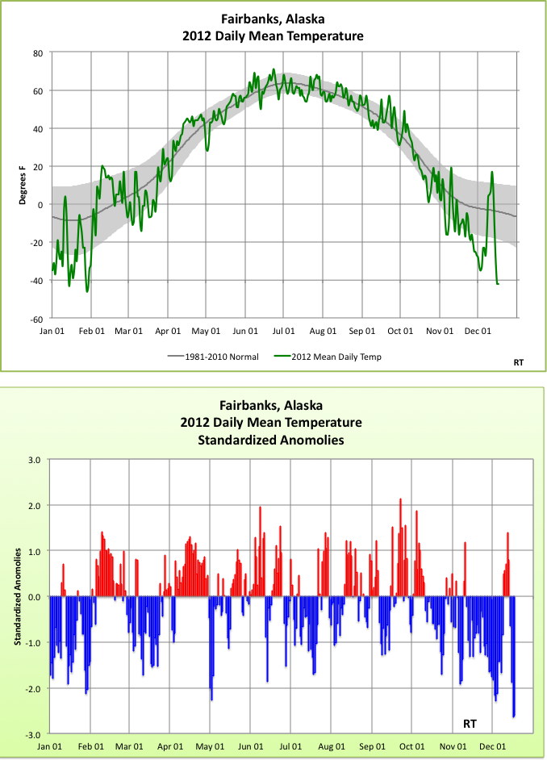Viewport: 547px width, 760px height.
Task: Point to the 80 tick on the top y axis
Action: [37, 53]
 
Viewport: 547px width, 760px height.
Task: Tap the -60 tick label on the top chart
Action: [35, 318]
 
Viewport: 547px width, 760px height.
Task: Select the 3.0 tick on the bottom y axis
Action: [35, 460]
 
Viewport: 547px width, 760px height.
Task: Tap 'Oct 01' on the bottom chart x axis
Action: [412, 747]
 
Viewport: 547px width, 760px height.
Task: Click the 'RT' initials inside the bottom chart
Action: [469, 723]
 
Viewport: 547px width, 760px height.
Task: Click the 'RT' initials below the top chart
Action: [518, 363]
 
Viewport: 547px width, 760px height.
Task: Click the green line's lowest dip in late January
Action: [87, 290]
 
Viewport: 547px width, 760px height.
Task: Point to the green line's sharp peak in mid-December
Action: [491, 173]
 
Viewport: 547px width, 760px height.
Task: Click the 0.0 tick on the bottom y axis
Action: [35, 597]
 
